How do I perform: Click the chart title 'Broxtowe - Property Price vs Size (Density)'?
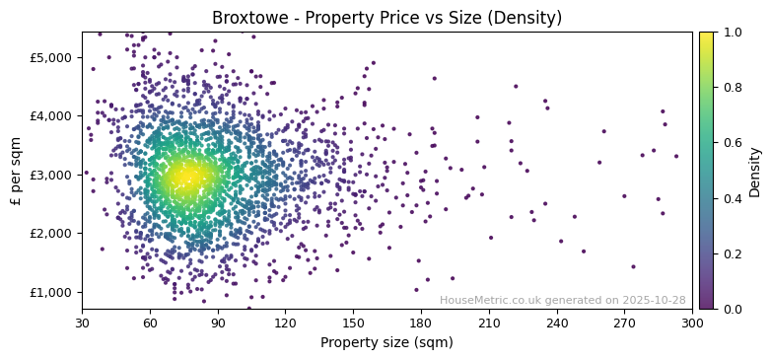(x=386, y=18)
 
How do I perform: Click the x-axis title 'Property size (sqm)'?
(x=386, y=343)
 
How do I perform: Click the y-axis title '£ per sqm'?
(x=16, y=171)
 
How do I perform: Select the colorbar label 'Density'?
(x=755, y=172)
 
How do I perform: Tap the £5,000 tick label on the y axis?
(x=51, y=57)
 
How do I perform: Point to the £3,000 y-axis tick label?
(x=51, y=175)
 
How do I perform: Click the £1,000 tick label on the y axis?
(x=51, y=292)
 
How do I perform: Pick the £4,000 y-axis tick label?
(x=51, y=115)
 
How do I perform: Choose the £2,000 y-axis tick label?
(x=51, y=234)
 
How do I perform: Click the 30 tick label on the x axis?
(x=82, y=323)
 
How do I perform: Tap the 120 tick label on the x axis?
(x=285, y=323)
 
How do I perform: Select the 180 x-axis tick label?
(x=421, y=323)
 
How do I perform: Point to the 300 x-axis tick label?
(x=692, y=323)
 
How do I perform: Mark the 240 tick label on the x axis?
(x=557, y=323)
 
